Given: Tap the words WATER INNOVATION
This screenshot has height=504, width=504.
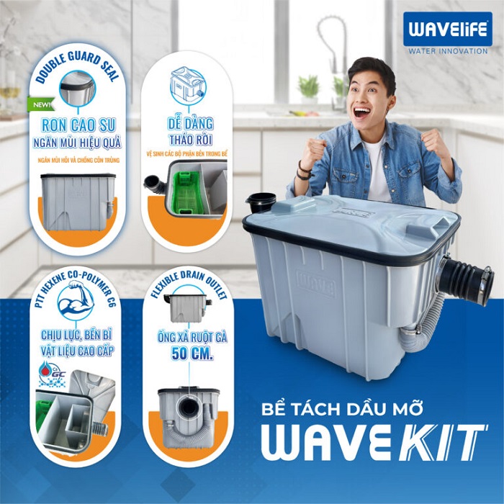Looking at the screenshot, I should (447, 51).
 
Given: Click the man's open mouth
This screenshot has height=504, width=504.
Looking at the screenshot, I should (362, 112).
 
